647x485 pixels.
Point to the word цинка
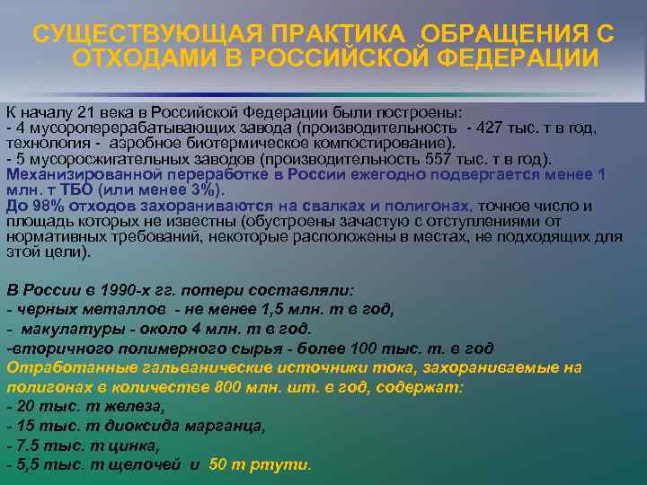(138, 445)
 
